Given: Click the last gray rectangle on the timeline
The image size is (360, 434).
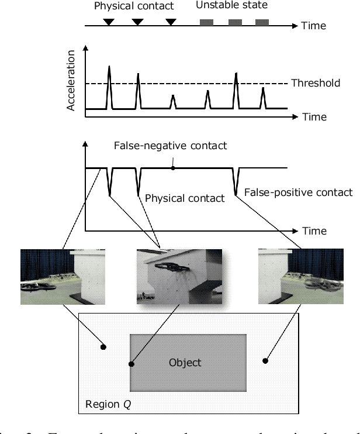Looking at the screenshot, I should point(262,22).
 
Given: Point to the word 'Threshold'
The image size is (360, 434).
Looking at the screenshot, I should point(316,83).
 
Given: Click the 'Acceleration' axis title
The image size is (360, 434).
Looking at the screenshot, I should point(72,80).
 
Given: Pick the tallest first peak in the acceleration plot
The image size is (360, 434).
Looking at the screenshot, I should point(109,69).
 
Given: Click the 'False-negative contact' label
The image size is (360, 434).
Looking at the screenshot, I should point(170,146).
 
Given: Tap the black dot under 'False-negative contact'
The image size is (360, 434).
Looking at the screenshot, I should point(173,168).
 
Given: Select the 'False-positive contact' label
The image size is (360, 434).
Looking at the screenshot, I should point(298,192).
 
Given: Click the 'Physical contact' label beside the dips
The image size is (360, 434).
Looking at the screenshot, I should point(185,198).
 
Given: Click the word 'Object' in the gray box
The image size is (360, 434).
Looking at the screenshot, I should point(185,363).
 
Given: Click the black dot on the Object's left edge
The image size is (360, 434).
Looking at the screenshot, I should point(131,364).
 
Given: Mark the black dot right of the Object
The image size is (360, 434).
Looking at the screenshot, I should point(265,361).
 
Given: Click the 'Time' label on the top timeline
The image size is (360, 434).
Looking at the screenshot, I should point(315,26).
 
